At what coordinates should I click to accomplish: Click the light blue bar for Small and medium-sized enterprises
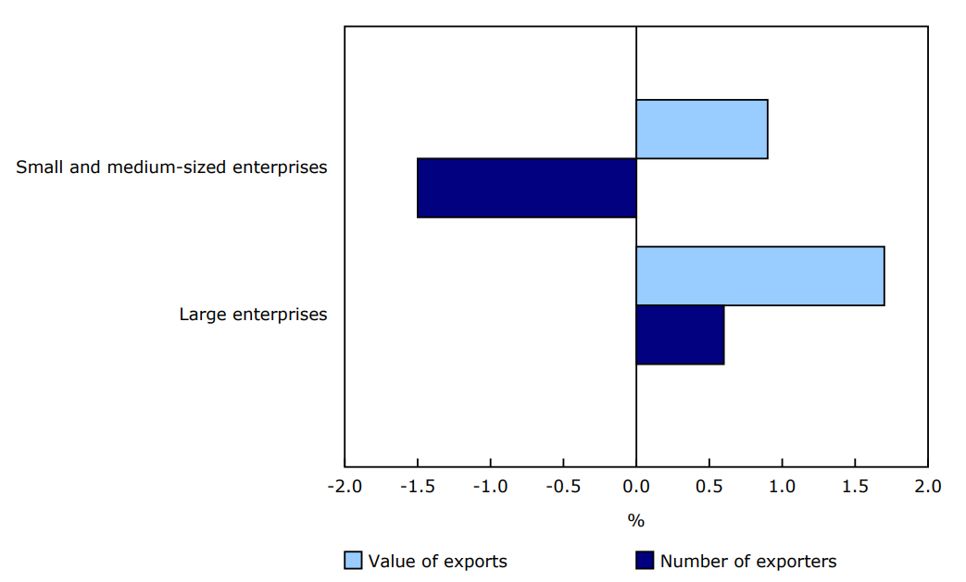702,129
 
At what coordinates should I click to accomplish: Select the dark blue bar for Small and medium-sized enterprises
526,188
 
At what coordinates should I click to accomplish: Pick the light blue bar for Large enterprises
759,276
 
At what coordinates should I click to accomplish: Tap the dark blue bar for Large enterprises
680,335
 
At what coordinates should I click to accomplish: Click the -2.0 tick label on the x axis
345,487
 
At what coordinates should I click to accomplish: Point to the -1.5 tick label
417,487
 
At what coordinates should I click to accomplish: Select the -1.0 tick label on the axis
490,487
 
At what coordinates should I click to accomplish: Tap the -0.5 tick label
563,487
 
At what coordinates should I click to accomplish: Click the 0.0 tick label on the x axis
636,487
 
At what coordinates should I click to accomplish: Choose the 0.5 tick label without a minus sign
709,487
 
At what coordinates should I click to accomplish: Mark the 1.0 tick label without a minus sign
782,487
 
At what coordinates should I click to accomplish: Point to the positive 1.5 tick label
855,487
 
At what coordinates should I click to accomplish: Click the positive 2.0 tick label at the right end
927,487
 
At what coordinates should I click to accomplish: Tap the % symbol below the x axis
635,521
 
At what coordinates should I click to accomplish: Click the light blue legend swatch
353,561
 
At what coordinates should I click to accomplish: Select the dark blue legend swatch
645,561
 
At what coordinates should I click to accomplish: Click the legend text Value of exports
437,562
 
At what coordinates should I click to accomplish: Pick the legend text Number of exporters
747,562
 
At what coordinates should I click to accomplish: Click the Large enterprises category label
253,315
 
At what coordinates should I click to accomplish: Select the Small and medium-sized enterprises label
171,167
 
